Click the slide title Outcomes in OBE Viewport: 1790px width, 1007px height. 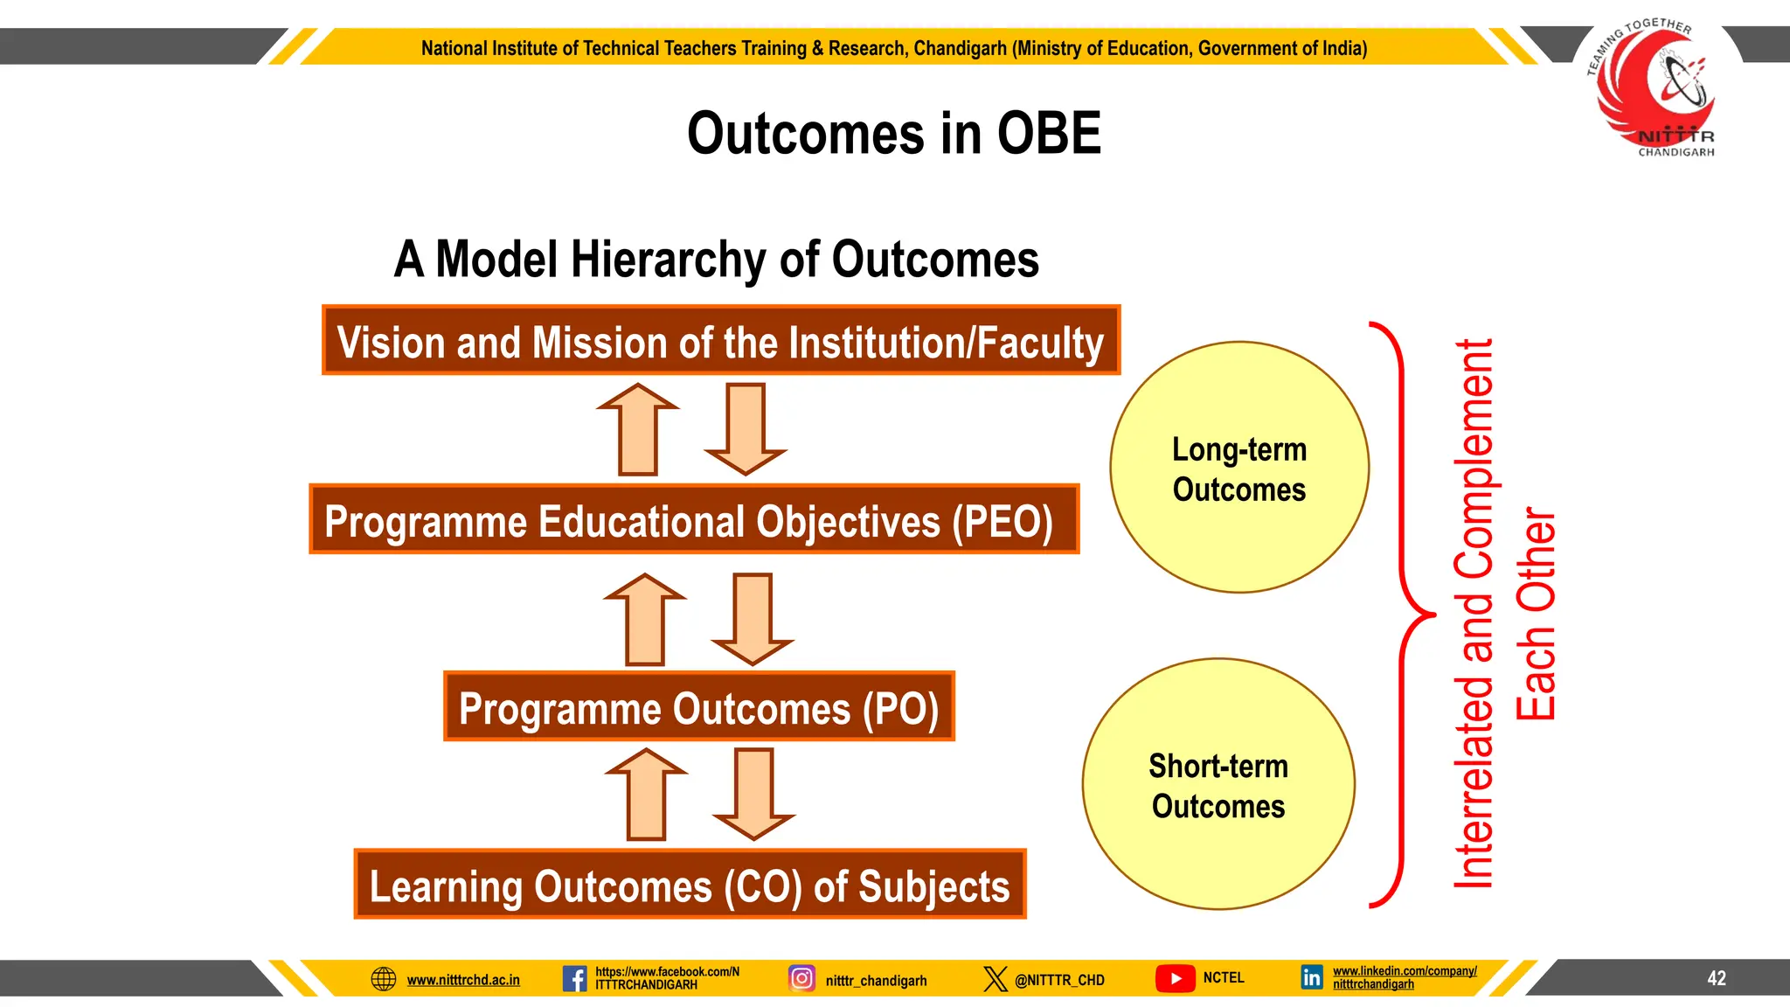point(893,134)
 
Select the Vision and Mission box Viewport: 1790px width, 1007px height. point(720,341)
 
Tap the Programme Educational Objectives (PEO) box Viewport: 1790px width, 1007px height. point(693,519)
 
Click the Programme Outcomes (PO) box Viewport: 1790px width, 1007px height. point(698,706)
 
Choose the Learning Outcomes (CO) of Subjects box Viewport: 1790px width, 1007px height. point(690,884)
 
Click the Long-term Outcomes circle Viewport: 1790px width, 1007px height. point(1238,468)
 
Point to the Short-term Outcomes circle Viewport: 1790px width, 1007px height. point(1218,784)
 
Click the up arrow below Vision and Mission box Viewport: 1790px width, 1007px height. point(638,430)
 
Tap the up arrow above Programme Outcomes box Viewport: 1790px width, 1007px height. point(646,620)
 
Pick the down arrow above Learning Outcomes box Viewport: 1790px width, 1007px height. point(753,794)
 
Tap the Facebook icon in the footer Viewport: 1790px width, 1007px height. point(574,978)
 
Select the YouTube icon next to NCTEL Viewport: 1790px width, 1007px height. point(1175,978)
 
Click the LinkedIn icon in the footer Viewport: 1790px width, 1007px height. point(1311,977)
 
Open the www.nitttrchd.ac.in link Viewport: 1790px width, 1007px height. point(463,980)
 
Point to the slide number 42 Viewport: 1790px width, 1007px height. point(1716,978)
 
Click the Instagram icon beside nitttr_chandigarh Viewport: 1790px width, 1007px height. point(801,978)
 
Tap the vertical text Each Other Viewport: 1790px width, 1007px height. point(1537,614)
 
